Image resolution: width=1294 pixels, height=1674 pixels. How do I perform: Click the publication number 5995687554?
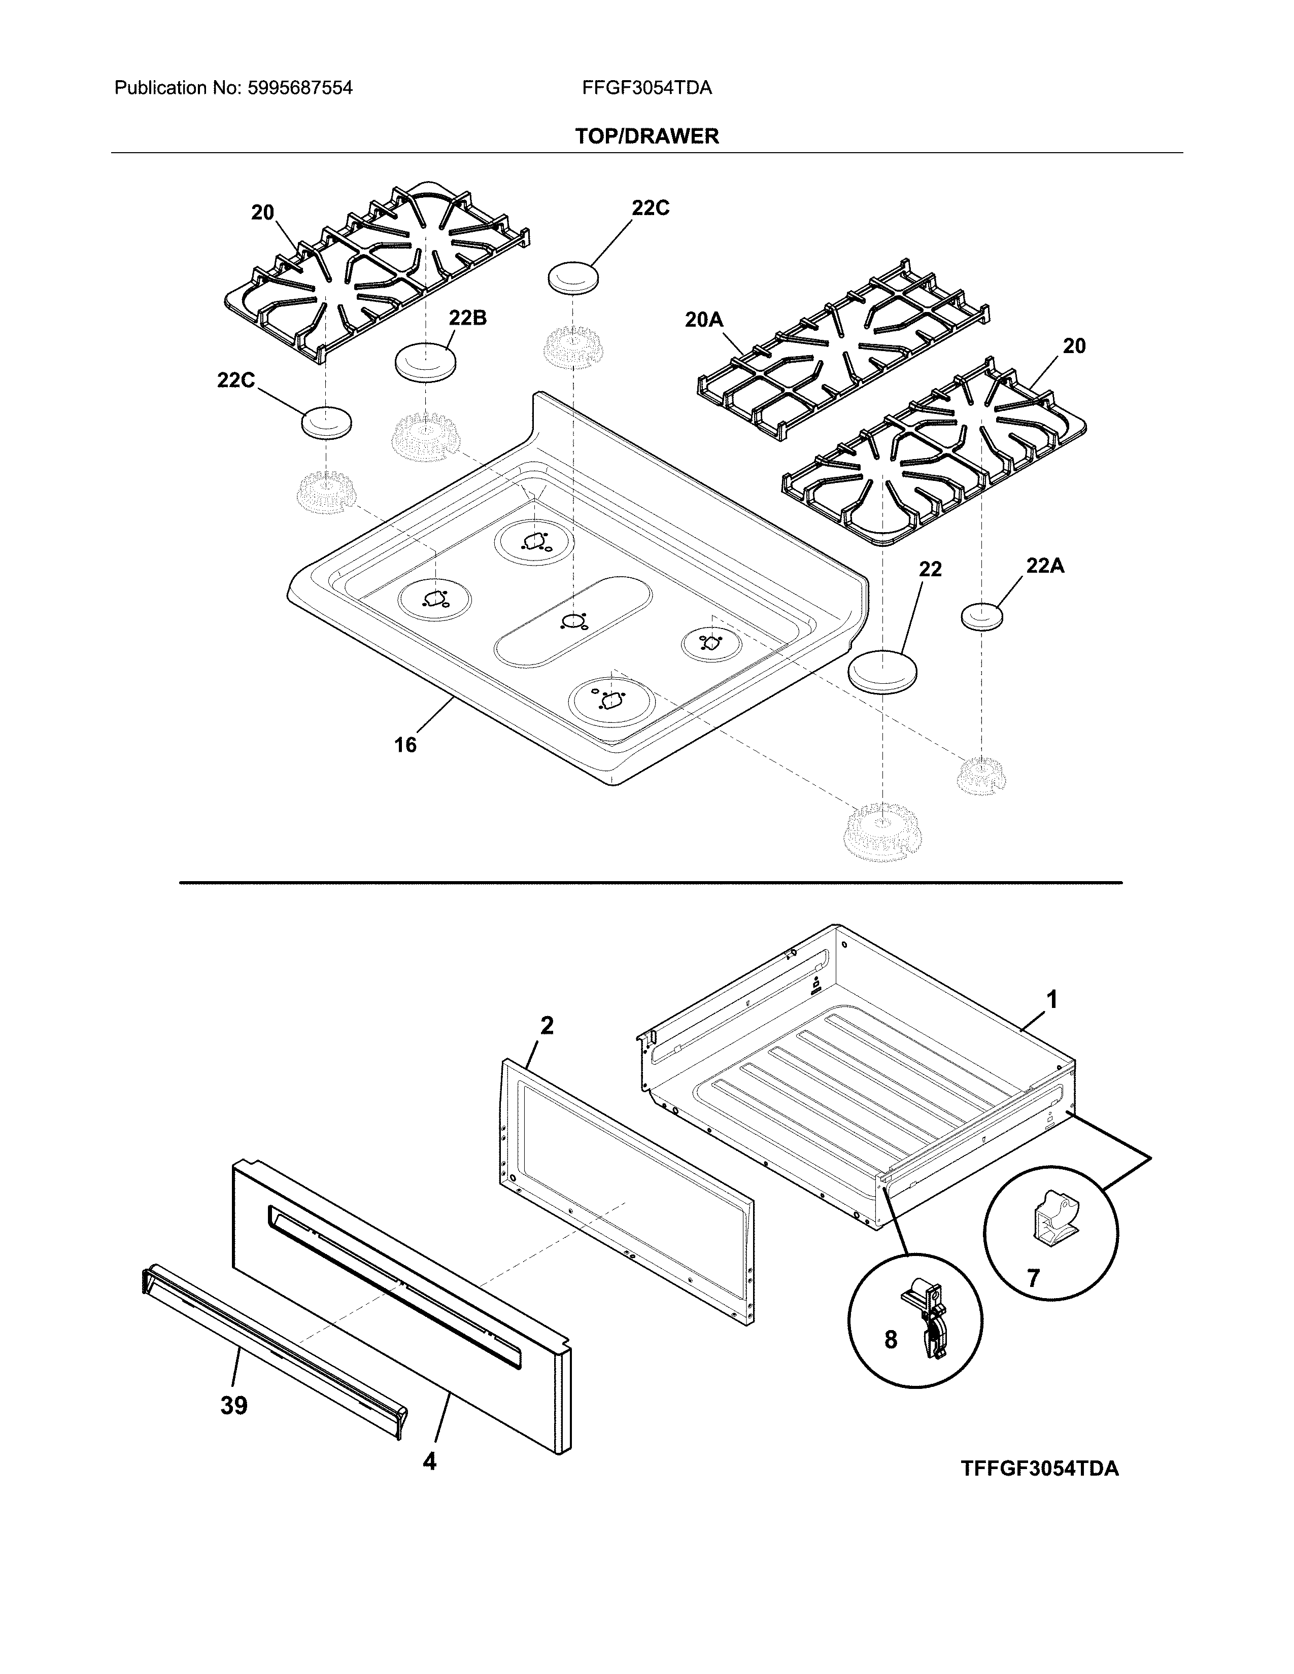(x=300, y=88)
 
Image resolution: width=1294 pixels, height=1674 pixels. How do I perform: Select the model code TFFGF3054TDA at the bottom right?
(x=1039, y=1469)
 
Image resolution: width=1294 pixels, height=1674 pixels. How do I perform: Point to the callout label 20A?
(x=704, y=320)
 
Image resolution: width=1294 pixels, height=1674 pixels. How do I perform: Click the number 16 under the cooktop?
(x=405, y=744)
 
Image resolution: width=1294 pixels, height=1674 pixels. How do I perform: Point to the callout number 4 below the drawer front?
(x=429, y=1461)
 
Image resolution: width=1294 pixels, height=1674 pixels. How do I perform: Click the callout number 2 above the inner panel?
(x=547, y=1026)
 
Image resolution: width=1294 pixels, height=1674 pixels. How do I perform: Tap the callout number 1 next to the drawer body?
(x=1052, y=999)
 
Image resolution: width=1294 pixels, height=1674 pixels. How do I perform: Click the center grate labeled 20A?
(x=843, y=360)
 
